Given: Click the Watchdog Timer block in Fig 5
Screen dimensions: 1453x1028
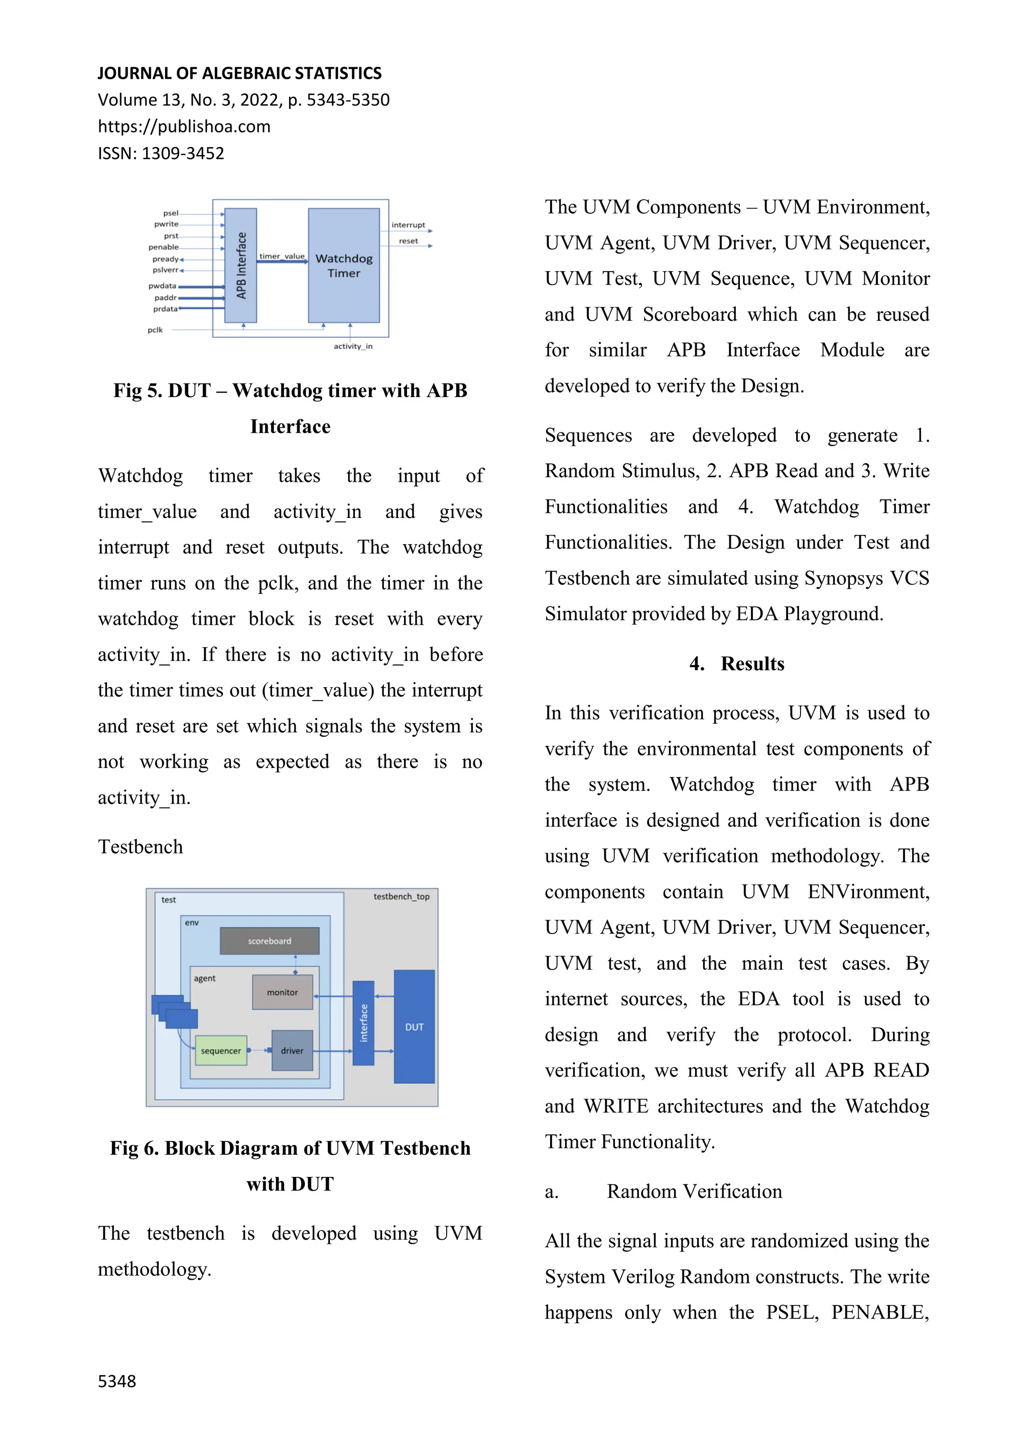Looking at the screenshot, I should click(x=344, y=266).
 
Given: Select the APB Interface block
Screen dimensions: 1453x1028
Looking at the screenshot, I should click(x=240, y=266).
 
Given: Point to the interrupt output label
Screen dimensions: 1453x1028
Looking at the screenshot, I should click(x=408, y=225).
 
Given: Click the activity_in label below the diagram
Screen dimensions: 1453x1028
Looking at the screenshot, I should click(x=353, y=346).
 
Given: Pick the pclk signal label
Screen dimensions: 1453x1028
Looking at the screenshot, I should click(x=155, y=330).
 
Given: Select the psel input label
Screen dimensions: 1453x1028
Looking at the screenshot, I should click(x=171, y=213).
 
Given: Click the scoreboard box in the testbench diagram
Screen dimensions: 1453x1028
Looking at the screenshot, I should click(x=270, y=941).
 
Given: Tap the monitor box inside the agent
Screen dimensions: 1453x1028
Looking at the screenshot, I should click(x=282, y=992).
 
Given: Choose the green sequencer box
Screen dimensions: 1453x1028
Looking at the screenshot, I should click(x=221, y=1050).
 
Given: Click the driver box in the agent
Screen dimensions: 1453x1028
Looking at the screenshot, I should click(x=292, y=1050).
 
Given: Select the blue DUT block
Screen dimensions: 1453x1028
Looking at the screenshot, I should click(x=414, y=1026).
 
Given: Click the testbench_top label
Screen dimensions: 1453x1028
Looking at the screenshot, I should click(x=402, y=897).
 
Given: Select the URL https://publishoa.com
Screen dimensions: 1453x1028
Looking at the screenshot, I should click(x=184, y=126).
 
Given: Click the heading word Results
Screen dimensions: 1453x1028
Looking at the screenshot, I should click(x=752, y=664).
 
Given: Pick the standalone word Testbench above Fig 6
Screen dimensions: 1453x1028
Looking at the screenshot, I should click(x=141, y=847).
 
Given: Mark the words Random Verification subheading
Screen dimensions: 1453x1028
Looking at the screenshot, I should click(x=694, y=1192).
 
